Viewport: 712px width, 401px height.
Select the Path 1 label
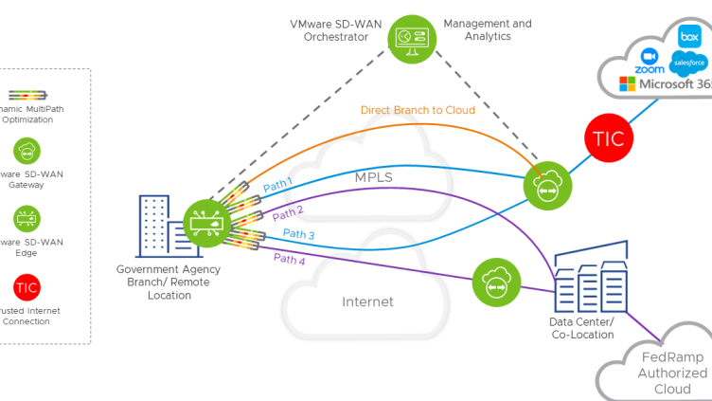click(277, 186)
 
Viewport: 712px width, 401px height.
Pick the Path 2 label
click(288, 213)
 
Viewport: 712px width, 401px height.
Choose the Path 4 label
click(290, 258)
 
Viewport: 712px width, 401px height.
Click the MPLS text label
click(374, 176)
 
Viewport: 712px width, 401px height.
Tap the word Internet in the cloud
click(367, 302)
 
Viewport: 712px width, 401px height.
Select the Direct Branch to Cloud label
click(418, 110)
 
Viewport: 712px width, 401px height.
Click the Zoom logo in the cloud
click(650, 61)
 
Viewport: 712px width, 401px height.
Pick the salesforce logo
click(688, 64)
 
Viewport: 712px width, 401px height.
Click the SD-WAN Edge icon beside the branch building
click(205, 224)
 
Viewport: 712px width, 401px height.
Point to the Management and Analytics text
click(488, 30)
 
